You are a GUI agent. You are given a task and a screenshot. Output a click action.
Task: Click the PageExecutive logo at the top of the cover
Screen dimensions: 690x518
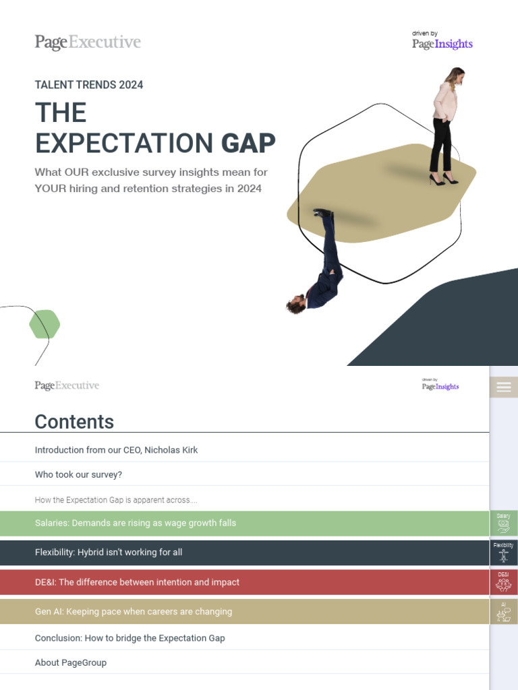click(88, 42)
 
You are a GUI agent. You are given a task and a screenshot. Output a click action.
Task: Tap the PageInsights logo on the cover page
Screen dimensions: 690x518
click(442, 44)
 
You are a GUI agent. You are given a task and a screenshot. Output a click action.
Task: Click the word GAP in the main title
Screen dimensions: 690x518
click(249, 143)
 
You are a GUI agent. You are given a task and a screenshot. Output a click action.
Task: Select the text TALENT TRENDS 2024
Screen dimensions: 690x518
click(89, 85)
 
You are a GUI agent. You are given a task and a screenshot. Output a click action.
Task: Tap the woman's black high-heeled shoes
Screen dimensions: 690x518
click(444, 179)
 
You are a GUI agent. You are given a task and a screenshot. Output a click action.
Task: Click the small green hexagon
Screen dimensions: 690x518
click(45, 324)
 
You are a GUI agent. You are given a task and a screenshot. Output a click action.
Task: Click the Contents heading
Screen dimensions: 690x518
click(74, 422)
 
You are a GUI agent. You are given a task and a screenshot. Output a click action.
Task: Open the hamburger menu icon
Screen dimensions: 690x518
click(503, 387)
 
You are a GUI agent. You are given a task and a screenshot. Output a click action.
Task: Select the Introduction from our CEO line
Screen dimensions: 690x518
click(116, 449)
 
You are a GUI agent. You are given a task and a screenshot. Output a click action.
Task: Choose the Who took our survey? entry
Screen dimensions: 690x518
click(78, 474)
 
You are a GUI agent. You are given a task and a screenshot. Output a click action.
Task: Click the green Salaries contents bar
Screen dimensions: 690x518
click(135, 523)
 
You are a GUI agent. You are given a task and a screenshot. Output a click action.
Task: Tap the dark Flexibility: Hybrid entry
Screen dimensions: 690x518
click(109, 552)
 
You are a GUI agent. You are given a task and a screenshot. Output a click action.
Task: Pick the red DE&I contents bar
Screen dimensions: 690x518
click(137, 582)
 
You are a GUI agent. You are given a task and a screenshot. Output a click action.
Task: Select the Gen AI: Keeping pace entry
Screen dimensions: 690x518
click(133, 612)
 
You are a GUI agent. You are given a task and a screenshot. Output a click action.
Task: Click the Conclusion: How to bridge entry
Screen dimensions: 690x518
click(129, 637)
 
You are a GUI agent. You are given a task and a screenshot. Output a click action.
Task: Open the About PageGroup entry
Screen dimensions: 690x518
click(71, 662)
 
